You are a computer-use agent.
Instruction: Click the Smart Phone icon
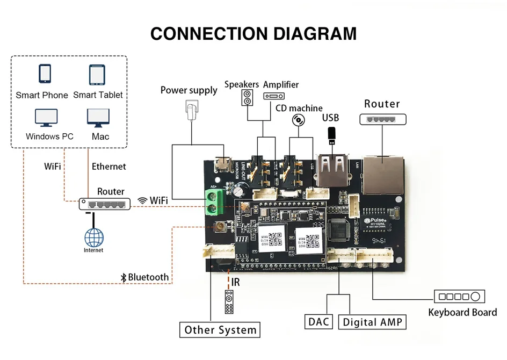[45, 74]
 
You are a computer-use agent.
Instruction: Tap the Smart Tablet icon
[97, 75]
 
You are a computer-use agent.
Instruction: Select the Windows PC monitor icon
[46, 118]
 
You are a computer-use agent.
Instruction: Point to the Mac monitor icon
[98, 118]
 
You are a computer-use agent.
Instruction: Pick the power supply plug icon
[190, 112]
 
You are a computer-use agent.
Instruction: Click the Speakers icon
[248, 97]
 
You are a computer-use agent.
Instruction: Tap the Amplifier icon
[274, 96]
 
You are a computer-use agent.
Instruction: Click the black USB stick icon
[332, 135]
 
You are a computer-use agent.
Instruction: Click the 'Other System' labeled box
[220, 329]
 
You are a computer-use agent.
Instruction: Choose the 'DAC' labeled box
[319, 322]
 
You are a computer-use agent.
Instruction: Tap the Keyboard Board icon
[459, 296]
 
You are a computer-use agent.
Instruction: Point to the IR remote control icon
[229, 302]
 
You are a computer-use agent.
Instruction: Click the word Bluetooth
[148, 277]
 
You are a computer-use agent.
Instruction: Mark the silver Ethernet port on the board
[382, 172]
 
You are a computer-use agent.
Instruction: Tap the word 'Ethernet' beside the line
[109, 167]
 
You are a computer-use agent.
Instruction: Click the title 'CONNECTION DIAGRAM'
[253, 33]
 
